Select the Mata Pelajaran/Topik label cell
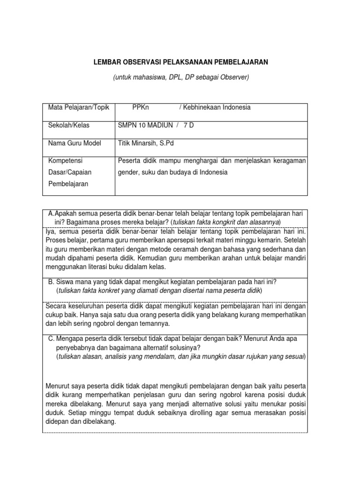click(78, 107)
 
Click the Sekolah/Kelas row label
click(69, 125)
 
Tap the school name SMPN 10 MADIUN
click(144, 125)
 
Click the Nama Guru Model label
click(75, 143)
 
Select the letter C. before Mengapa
click(52, 338)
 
